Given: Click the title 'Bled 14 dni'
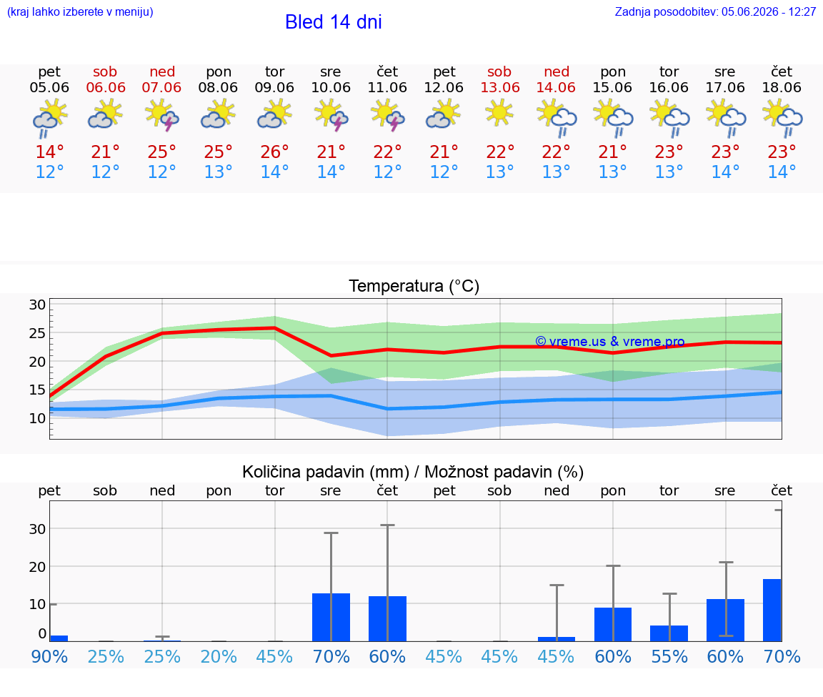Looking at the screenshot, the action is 334,22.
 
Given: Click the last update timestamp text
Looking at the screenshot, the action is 715,12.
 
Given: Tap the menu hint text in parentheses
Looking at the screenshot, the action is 80,12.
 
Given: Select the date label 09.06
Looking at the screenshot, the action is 274,87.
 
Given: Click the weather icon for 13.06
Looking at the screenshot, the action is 499,114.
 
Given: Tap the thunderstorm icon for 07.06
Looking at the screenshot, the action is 161,116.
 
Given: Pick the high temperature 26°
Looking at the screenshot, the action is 274,152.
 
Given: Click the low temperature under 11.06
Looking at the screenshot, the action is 387,172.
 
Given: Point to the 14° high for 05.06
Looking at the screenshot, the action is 49,152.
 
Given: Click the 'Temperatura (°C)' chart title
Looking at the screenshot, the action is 414,286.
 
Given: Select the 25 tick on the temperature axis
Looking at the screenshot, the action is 37,334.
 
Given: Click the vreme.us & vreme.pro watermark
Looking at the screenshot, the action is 610,342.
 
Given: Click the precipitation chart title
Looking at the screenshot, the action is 413,472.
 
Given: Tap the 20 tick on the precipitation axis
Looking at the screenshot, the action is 37,567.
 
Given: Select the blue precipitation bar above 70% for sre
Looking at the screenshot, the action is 331,617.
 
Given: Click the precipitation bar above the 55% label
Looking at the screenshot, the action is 669,633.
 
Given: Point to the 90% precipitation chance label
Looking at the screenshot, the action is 49,657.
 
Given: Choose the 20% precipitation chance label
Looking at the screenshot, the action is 219,657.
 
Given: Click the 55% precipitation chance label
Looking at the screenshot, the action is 669,657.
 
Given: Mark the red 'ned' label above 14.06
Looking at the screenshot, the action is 557,71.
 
